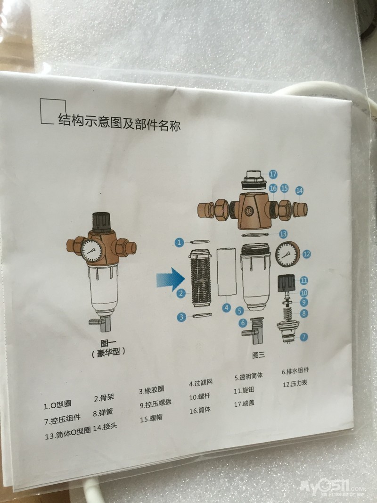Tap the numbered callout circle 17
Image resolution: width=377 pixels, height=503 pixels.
tap(273, 174)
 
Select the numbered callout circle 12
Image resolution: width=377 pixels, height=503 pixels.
tap(307, 255)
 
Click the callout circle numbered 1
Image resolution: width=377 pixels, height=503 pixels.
tap(179, 242)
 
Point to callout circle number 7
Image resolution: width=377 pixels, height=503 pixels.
tap(303, 337)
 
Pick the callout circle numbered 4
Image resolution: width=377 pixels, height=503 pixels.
tap(227, 308)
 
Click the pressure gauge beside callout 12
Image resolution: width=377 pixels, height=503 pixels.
tap(287, 254)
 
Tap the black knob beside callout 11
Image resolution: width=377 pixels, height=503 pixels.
tap(286, 283)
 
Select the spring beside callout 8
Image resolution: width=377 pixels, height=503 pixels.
tap(289, 313)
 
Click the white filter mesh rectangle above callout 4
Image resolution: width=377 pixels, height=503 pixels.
tap(226, 272)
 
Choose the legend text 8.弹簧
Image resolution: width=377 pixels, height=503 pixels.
tap(103, 412)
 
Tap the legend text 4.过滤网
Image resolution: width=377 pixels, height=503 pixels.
tap(201, 383)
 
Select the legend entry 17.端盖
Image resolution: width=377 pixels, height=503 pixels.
tap(244, 404)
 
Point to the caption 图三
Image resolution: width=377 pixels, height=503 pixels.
tap(258, 355)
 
